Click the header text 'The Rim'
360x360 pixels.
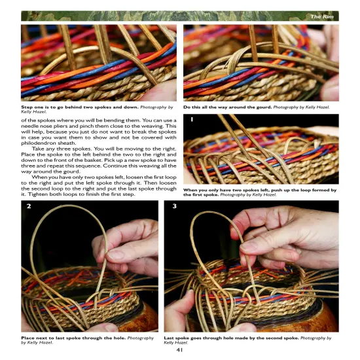[324, 16]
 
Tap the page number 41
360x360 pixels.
[179, 348]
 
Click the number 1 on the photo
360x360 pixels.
[190, 120]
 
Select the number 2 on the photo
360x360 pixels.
[29, 207]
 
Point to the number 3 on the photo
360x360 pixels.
[174, 207]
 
